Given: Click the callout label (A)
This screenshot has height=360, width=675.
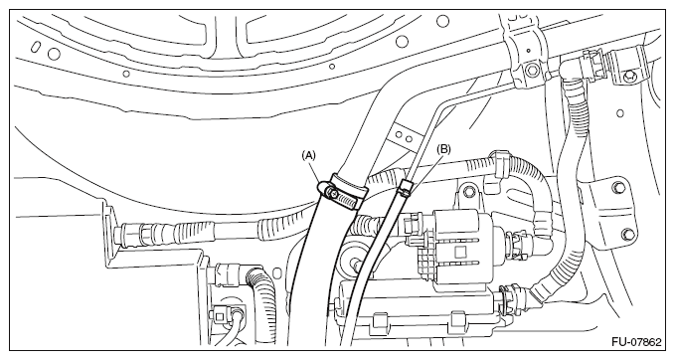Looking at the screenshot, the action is pos(308,155).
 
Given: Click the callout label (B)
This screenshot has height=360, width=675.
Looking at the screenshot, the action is pos(443,149).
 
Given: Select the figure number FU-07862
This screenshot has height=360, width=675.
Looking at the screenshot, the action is pos(636,342).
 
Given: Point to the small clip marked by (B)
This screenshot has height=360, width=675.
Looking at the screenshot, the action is pos(405,188).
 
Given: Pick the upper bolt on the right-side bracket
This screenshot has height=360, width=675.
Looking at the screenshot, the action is pos(618,187).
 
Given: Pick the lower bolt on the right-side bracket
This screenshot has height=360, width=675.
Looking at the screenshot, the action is pos(627,235).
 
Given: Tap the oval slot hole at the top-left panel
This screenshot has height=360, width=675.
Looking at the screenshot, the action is pos(37,46).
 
